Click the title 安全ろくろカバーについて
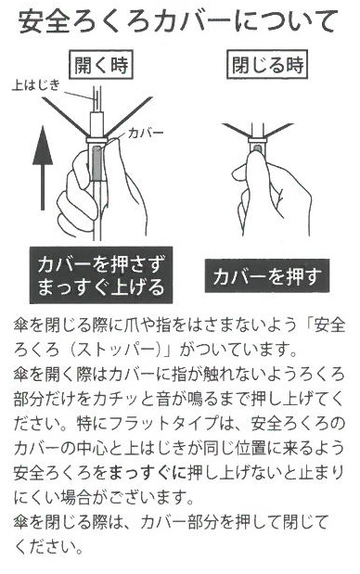[177, 22]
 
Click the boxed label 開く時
[101, 66]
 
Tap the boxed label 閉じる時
[268, 66]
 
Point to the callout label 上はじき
[36, 85]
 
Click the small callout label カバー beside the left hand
[146, 133]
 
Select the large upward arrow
[43, 168]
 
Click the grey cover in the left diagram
[97, 162]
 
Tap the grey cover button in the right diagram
[257, 147]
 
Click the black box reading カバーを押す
[267, 276]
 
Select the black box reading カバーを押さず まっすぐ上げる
[101, 274]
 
